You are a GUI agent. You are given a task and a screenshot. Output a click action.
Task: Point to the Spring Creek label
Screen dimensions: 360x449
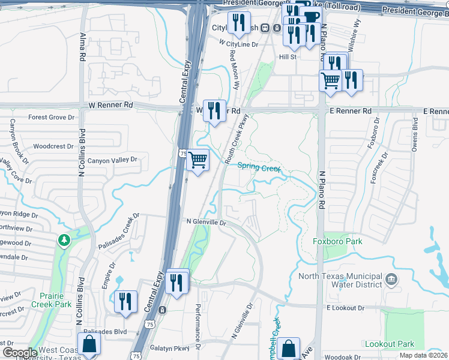pos(259,168)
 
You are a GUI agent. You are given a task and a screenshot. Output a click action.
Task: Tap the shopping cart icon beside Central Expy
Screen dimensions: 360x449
pos(197,160)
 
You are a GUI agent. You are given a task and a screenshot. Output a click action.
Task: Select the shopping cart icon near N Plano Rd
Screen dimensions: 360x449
pos(330,80)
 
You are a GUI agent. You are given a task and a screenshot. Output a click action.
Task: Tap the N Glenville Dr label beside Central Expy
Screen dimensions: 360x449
pos(206,223)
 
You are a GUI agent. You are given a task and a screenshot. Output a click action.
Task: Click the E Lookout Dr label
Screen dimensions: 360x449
pos(346,308)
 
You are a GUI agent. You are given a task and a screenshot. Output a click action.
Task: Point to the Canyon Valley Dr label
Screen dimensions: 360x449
pos(113,160)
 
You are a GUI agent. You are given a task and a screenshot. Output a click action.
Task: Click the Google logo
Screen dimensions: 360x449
pos(20,353)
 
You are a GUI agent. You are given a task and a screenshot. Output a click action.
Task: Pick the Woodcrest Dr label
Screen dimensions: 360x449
pos(53,146)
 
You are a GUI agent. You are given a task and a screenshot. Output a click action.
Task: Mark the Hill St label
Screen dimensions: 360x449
pos(288,57)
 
